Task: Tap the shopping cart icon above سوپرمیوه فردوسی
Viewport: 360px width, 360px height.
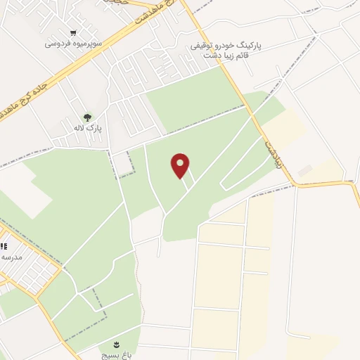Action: [x=73, y=33]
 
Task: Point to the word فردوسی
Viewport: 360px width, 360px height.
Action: [x=56, y=44]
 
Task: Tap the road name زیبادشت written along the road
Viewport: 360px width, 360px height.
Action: [x=272, y=150]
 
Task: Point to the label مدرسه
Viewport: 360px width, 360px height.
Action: [x=11, y=257]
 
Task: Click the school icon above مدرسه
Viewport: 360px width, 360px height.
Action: [x=4, y=247]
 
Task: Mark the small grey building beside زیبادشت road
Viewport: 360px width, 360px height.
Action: [x=304, y=171]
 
